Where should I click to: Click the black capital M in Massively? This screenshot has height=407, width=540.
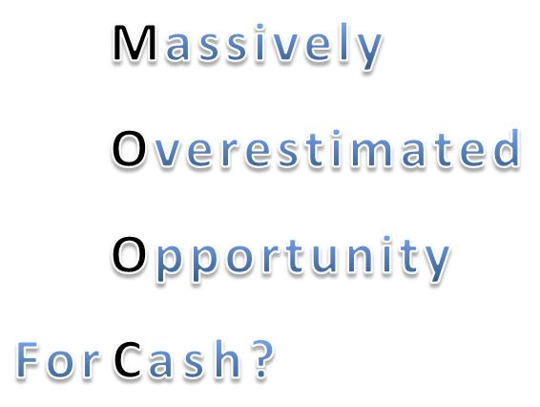pos(135,43)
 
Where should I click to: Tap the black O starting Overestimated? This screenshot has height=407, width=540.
pos(129,148)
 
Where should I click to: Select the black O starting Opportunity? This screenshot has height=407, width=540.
pos(129,254)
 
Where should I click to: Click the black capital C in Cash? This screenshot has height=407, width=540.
pos(128,359)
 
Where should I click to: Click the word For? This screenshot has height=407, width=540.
pos(58,359)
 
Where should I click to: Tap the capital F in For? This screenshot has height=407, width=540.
pos(28,359)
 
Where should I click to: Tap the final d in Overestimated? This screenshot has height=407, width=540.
pos(507,148)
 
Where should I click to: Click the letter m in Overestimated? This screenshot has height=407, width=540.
pos(370,153)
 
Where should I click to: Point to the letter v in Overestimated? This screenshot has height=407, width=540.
pos(165,153)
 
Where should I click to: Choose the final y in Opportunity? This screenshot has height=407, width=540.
pos(436,263)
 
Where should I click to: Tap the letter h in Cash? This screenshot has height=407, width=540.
pos(227,358)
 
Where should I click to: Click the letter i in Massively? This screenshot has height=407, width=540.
pos(260,42)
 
